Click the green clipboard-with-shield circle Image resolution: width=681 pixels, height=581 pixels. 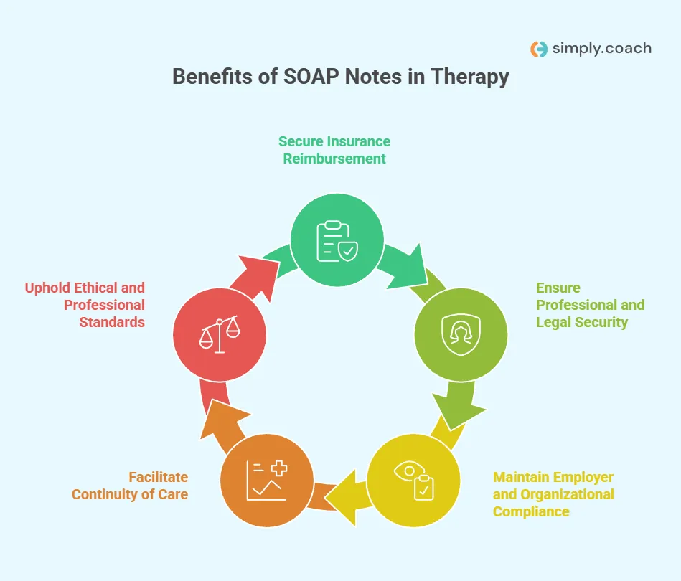(x=337, y=240)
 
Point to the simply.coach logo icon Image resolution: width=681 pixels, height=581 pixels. (x=538, y=49)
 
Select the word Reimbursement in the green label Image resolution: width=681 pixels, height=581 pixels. (x=334, y=159)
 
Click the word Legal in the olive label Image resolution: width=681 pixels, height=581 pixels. (x=555, y=322)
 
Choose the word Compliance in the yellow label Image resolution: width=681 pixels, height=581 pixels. (x=531, y=511)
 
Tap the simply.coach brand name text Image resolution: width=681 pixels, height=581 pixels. (x=601, y=48)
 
